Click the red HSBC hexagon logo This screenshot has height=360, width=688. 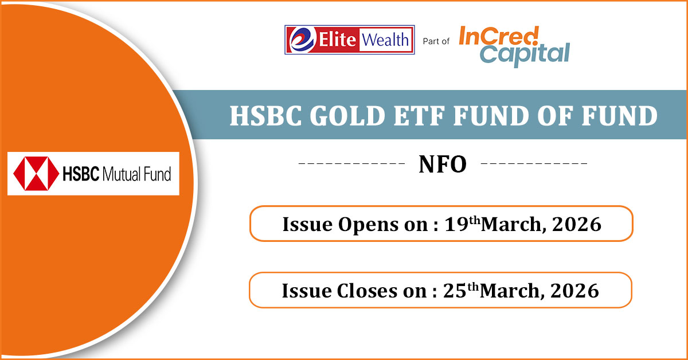[x=36, y=174]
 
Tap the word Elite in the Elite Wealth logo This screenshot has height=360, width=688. [x=337, y=40]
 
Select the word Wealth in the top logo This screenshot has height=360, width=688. [x=385, y=40]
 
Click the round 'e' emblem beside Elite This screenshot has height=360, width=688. [x=302, y=40]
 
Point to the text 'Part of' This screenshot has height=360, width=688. [x=436, y=41]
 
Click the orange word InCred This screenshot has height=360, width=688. [x=499, y=36]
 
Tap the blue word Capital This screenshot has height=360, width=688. [x=525, y=54]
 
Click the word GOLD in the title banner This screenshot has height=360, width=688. [x=347, y=116]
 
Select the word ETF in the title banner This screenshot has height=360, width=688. [x=419, y=116]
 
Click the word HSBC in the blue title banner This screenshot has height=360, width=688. [x=265, y=116]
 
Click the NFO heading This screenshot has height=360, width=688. [x=443, y=165]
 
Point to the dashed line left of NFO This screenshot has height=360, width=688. [x=352, y=163]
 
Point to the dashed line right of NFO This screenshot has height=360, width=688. [x=534, y=163]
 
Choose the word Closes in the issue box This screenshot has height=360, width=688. [x=367, y=291]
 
